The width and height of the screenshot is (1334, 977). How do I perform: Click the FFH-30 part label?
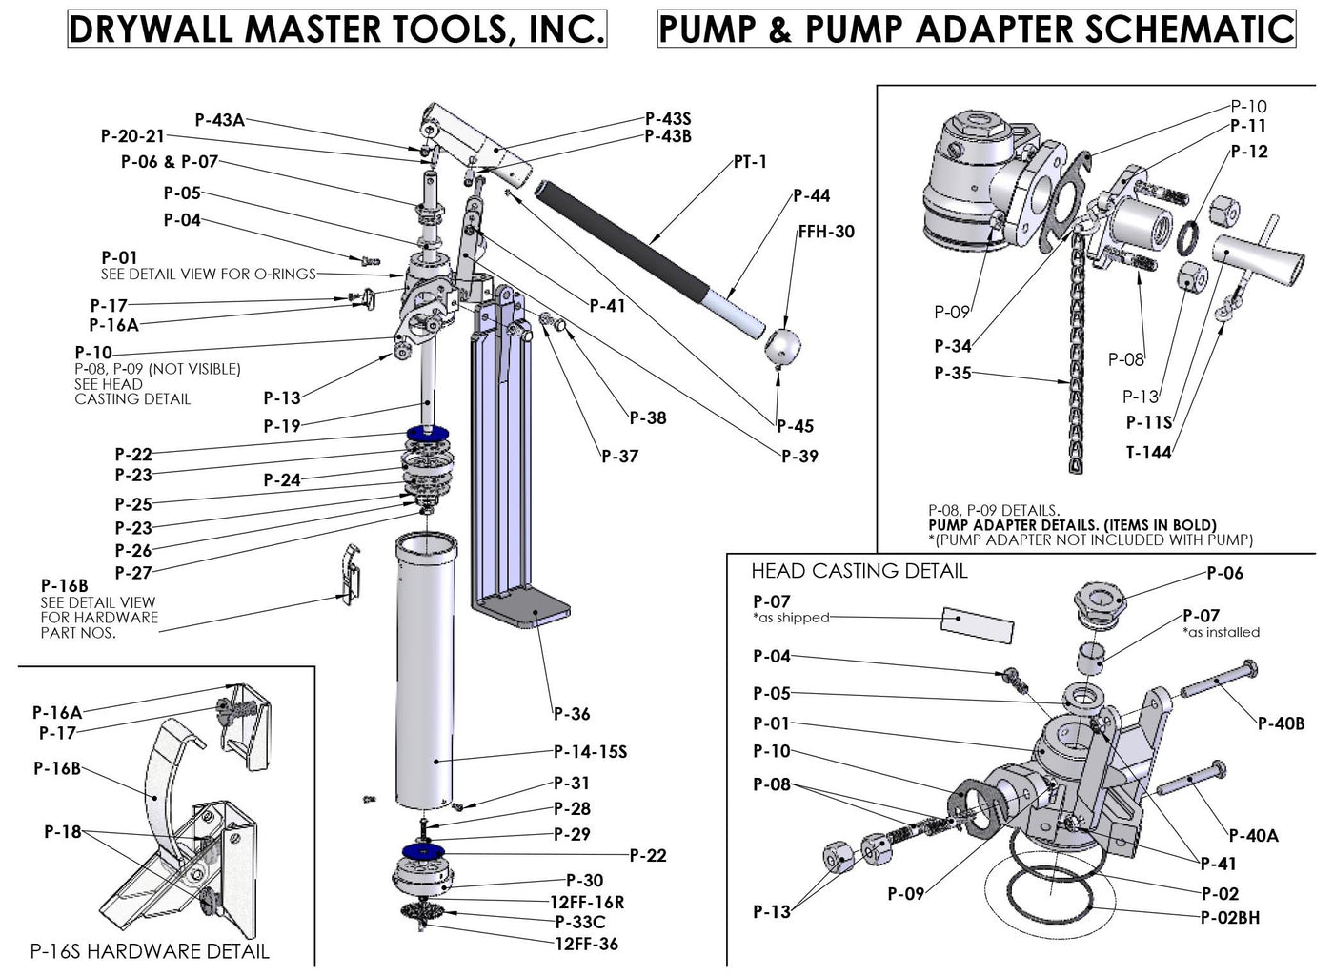coord(826,232)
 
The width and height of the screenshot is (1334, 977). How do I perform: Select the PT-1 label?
coord(750,162)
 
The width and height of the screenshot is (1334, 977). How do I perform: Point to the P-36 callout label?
coord(572,714)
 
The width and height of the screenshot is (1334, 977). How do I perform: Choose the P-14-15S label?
coord(590,752)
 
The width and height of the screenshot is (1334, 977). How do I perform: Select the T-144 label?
coord(1148,453)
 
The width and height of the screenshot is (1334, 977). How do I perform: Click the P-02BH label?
coord(1230,918)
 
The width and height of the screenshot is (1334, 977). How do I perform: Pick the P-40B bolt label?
coord(1281,723)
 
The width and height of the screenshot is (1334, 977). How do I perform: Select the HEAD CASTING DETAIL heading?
coord(859,571)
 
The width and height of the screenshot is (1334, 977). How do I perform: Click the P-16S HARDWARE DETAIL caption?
coord(150,950)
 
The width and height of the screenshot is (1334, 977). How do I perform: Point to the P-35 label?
coord(953,373)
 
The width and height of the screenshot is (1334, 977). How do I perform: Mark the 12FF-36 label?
coord(586,944)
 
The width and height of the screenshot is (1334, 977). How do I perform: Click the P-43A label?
coord(219,120)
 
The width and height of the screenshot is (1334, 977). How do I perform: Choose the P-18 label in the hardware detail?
coord(63,832)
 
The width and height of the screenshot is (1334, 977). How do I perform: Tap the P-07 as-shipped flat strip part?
coord(978,624)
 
